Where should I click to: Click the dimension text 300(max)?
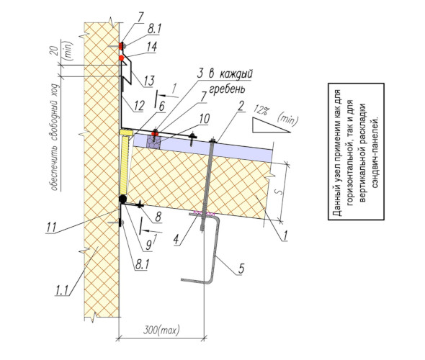pyautogui.click(x=161, y=330)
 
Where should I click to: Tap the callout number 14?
pyautogui.click(x=152, y=47)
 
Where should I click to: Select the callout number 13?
pyautogui.click(x=149, y=81)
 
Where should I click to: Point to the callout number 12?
pyautogui.click(x=139, y=106)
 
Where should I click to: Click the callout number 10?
pyautogui.click(x=205, y=119)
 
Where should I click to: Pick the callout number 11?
pyautogui.click(x=51, y=227)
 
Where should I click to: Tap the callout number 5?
pyautogui.click(x=241, y=268)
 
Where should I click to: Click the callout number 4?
pyautogui.click(x=176, y=240)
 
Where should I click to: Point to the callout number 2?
pyautogui.click(x=241, y=106)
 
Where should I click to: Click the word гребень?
pyautogui.click(x=228, y=89)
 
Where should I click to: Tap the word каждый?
pyautogui.click(x=236, y=74)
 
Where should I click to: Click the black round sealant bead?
pyautogui.click(x=122, y=199)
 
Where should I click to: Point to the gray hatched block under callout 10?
pyautogui.click(x=153, y=142)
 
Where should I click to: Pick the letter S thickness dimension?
pyautogui.click(x=279, y=192)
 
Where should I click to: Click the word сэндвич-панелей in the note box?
pyautogui.click(x=375, y=152)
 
